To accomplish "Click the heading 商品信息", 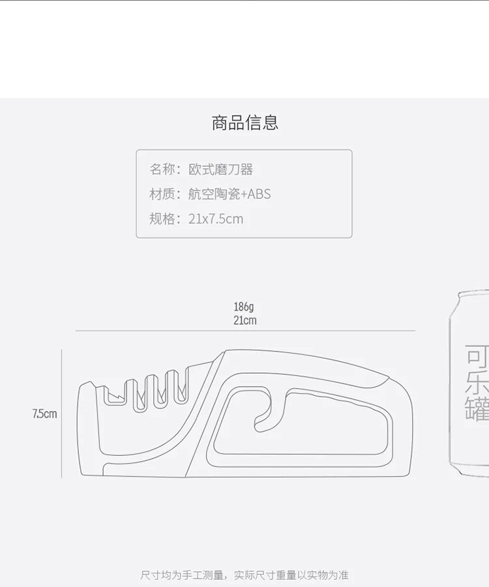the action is click(245, 123).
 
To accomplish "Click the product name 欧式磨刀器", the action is click(221, 170).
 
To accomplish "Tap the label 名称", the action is click(162, 170).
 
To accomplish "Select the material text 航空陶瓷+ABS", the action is click(230, 194).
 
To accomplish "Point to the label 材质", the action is click(162, 194).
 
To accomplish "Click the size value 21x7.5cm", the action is click(216, 218).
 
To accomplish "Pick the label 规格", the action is click(162, 218).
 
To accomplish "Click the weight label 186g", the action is click(244, 307).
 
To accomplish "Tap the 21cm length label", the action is click(245, 320).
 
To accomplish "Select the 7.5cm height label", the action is click(44, 414).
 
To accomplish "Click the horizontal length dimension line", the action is click(245, 331).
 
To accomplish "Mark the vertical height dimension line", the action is click(62, 414).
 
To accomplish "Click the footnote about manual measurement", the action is click(244, 575).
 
